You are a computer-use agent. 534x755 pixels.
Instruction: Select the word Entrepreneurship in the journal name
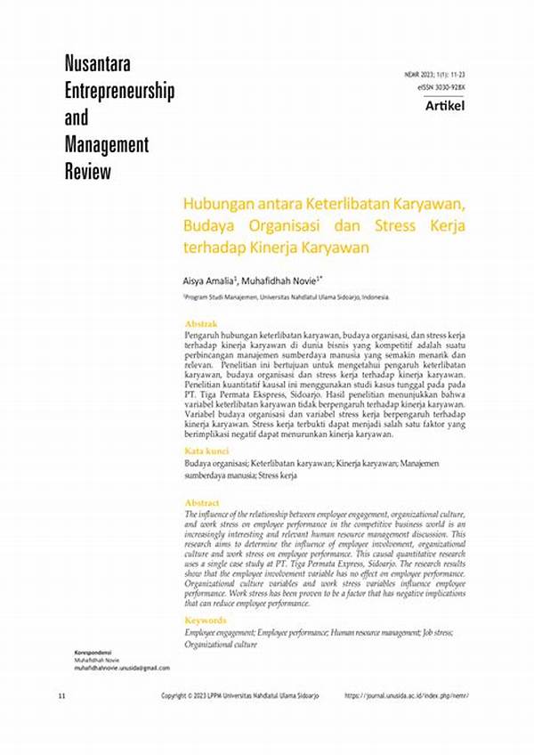[x=119, y=91]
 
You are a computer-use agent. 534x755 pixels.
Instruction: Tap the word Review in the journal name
[x=88, y=171]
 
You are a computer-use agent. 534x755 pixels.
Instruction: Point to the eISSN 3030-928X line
[x=441, y=88]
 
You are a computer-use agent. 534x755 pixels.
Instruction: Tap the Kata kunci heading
[x=207, y=452]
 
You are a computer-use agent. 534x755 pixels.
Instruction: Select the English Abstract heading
[x=202, y=504]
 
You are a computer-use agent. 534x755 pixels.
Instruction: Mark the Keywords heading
[x=206, y=621]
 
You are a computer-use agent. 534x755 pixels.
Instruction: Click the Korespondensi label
[x=93, y=653]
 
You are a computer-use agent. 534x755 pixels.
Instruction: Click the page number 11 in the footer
[x=61, y=694]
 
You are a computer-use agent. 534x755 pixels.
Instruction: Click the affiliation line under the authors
[x=286, y=297]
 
